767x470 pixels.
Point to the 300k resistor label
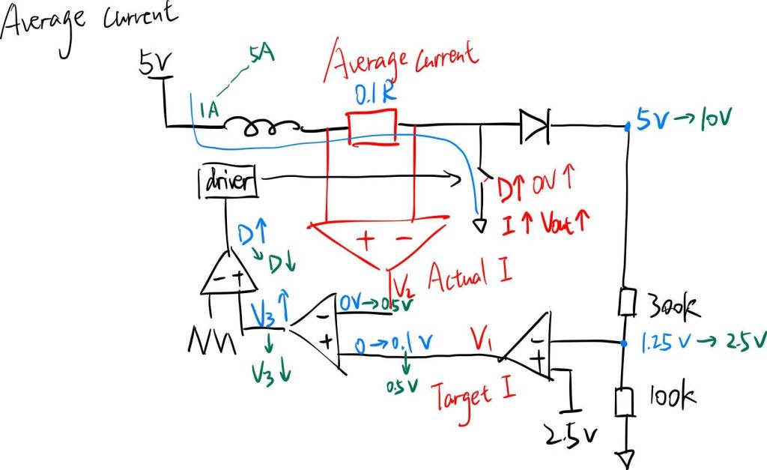point(672,307)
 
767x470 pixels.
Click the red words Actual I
point(470,277)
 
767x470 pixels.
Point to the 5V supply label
point(155,65)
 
